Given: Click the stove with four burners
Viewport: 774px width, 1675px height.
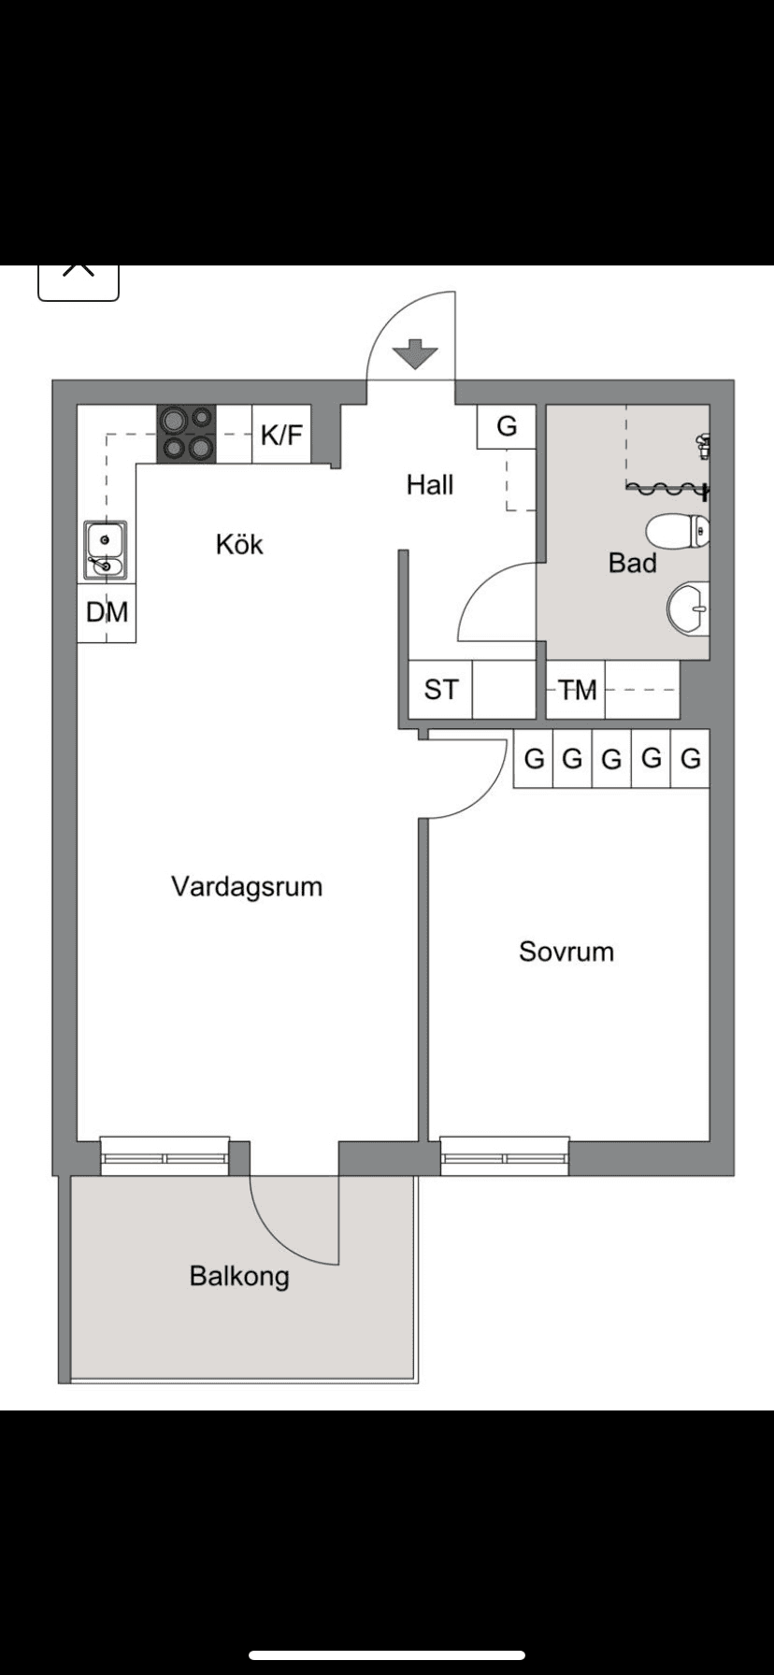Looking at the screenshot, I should pyautogui.click(x=186, y=434).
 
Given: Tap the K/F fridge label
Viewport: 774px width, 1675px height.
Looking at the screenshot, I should pyautogui.click(x=281, y=435).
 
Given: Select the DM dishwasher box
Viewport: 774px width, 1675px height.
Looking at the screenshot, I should pyautogui.click(x=107, y=613).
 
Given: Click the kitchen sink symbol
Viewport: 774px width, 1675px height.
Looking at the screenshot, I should pyautogui.click(x=106, y=551).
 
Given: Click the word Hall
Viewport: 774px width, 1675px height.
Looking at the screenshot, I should pyautogui.click(x=430, y=484).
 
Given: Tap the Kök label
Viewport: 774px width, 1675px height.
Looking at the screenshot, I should pyautogui.click(x=239, y=544).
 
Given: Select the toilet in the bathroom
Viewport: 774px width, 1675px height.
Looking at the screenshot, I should pyautogui.click(x=677, y=532).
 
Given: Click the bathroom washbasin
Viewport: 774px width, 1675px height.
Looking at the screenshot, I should pyautogui.click(x=689, y=608).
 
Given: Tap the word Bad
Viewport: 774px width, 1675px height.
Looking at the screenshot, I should pyautogui.click(x=632, y=563).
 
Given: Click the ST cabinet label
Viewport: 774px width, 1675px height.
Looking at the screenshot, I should pyautogui.click(x=441, y=690).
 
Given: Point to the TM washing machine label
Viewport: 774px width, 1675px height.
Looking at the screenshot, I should pyautogui.click(x=578, y=691).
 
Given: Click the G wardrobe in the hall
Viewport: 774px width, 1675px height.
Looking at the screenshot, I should pyautogui.click(x=506, y=427).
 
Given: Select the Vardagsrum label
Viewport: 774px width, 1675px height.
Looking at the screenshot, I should pyautogui.click(x=247, y=886).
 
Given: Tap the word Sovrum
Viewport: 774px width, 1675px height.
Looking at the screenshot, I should pyautogui.click(x=566, y=952).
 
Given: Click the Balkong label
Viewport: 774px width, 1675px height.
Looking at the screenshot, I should pyautogui.click(x=239, y=1276).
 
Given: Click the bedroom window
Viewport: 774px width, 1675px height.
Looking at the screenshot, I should pyautogui.click(x=505, y=1157).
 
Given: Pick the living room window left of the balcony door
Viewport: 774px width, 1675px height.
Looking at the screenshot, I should pyautogui.click(x=165, y=1157).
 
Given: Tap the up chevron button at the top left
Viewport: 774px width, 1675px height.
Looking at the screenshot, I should pyautogui.click(x=79, y=274).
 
